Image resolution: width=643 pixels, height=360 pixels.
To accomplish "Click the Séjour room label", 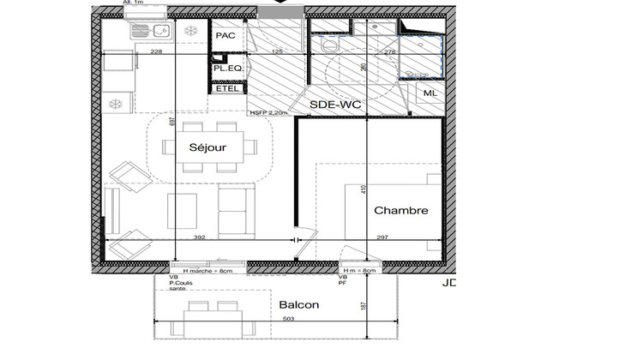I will (x=207, y=147).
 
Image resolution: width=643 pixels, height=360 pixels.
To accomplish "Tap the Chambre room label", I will (x=400, y=211).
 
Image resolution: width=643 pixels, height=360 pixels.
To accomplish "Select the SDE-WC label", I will (x=334, y=104).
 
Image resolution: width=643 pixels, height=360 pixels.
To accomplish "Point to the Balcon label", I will (x=298, y=305).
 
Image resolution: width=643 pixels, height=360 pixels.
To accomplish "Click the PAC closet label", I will (x=225, y=36).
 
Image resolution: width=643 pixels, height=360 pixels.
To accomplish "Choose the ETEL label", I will (x=227, y=88).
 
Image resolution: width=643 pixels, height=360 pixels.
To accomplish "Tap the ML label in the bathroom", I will (x=429, y=93).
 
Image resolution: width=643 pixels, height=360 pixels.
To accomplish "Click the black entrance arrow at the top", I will (x=279, y=3).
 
